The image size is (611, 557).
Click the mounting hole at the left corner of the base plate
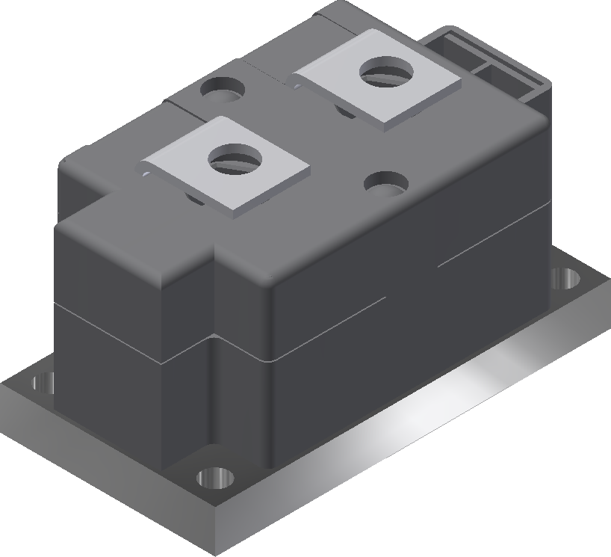(x=43, y=384)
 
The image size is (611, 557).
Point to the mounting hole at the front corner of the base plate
(x=216, y=478)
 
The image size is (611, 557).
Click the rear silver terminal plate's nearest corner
(x=386, y=126)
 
